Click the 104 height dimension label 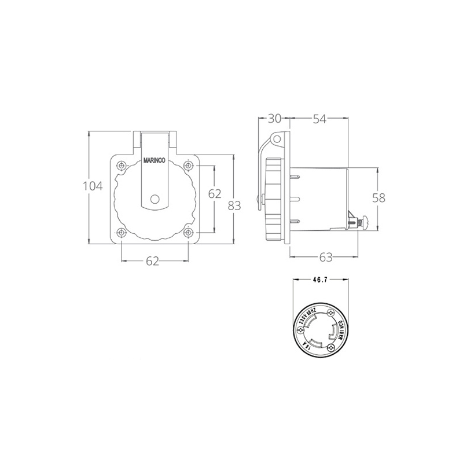tap(93, 186)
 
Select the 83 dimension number tap(234, 205)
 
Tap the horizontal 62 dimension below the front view tap(152, 262)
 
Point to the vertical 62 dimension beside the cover tap(215, 194)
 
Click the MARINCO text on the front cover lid tap(154, 163)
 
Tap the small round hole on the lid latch tap(154, 199)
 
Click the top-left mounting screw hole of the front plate tap(122, 166)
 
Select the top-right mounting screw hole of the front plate tap(188, 166)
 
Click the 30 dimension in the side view tap(274, 119)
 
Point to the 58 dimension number tap(379, 198)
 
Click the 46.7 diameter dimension tap(319, 280)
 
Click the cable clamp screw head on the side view tap(365, 222)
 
